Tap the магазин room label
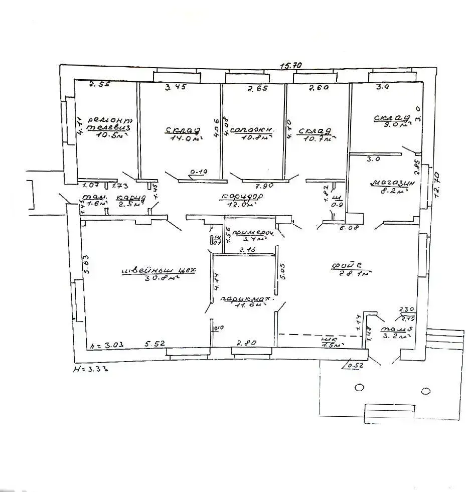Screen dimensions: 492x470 coord(393,183)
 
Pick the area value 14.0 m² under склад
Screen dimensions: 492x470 coord(182,140)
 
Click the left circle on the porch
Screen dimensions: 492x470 coord(359,388)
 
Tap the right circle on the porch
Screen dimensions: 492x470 coord(426,391)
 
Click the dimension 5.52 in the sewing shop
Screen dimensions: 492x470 coord(156,345)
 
